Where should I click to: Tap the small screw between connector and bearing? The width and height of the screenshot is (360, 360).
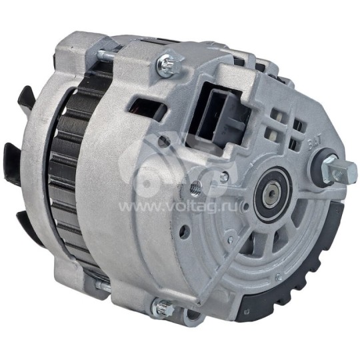225,177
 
